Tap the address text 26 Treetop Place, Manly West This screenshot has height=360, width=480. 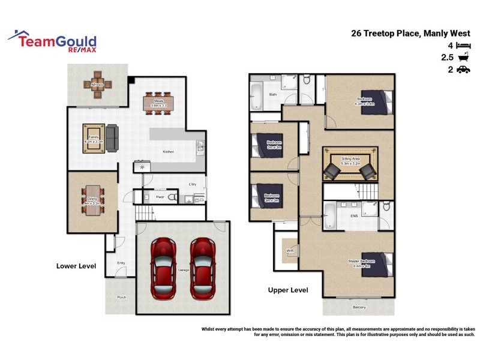pos(411,34)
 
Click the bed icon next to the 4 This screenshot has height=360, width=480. pos(463,46)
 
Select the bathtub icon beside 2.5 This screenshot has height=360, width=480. pos(463,58)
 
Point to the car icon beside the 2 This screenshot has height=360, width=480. pos(463,70)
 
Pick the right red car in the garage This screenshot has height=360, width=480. pos(203,268)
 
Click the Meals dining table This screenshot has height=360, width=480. pos(158,103)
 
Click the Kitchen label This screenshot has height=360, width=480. pos(169,152)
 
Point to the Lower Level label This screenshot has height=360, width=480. pos(76,266)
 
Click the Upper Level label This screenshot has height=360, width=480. pos(288,290)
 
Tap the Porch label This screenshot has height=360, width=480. pos(122,298)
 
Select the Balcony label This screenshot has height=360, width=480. pos(359,308)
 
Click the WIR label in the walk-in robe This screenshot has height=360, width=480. pos(290,250)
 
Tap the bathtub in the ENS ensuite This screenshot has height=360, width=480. pos(331,216)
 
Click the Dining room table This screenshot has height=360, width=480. pos(93,197)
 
